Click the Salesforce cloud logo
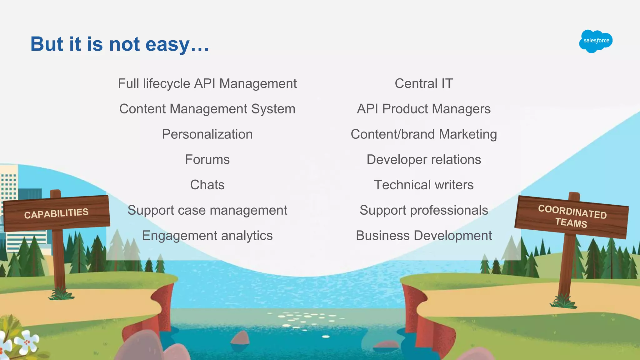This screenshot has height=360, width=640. [x=596, y=41]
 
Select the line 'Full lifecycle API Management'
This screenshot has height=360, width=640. [x=207, y=84]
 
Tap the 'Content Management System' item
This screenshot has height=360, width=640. [x=207, y=109]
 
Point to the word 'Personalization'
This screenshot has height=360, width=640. [x=207, y=134]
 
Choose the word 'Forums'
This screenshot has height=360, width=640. [x=207, y=160]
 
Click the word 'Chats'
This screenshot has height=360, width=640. [x=207, y=185]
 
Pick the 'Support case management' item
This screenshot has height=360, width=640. [x=207, y=210]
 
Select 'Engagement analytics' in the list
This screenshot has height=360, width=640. [x=207, y=236]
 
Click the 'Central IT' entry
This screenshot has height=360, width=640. [x=424, y=84]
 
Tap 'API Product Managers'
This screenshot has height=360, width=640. [x=424, y=109]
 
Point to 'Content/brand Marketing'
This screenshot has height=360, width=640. [x=424, y=134]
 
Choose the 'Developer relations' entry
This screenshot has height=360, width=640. [x=424, y=160]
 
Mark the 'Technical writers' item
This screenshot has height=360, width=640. [x=424, y=185]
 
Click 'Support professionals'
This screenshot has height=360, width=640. [x=424, y=210]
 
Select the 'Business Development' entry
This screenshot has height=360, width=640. [x=424, y=236]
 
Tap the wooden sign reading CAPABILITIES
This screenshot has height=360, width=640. [x=57, y=213]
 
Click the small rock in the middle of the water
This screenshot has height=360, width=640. [x=240, y=338]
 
